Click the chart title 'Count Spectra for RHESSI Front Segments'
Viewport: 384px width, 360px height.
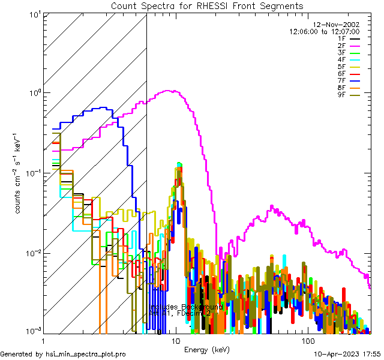coord(207,6)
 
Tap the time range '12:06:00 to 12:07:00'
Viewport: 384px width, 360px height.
coord(324,31)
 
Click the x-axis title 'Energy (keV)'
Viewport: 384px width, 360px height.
coord(207,349)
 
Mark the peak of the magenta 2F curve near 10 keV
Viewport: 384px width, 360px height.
coord(173,91)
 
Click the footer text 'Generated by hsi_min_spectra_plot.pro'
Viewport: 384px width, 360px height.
coord(64,354)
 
